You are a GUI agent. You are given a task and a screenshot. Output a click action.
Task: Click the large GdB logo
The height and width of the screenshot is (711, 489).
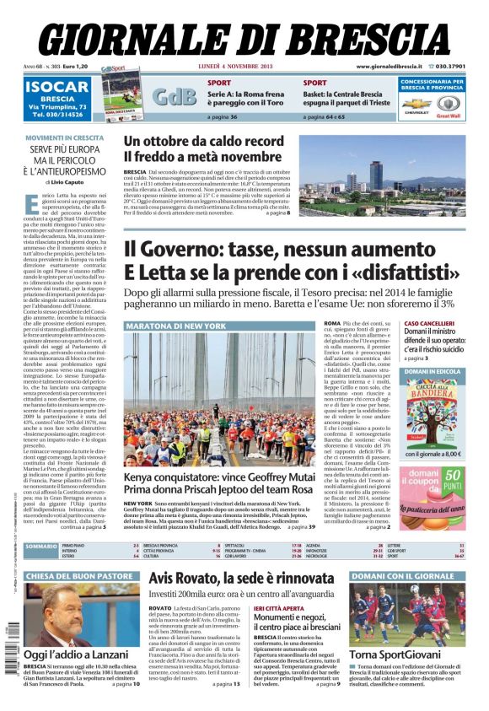pos(174,96)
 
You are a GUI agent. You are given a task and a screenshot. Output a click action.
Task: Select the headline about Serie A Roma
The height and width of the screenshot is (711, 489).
pos(246,99)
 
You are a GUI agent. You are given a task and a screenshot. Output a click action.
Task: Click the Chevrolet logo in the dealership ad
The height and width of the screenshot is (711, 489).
pos(417,105)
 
